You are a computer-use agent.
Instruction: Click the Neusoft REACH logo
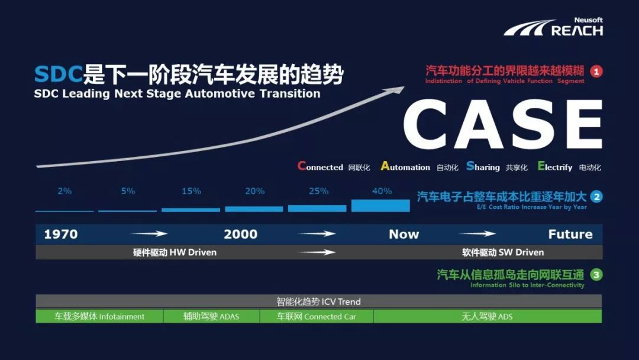coord(554,27)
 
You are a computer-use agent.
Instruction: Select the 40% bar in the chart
coord(380,205)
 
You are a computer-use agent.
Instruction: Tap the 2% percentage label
coord(64,191)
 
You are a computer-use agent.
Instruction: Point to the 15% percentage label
coord(191,191)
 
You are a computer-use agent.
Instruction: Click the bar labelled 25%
coord(317,208)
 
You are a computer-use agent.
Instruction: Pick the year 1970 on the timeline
coord(61,234)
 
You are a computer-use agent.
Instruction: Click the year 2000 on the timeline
coord(241,234)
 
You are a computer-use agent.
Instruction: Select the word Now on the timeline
coord(404,234)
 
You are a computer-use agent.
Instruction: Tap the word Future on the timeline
coord(570,234)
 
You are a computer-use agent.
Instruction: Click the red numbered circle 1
coord(596,72)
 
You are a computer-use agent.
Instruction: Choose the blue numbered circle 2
coord(596,197)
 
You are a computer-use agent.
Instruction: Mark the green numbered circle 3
coord(596,275)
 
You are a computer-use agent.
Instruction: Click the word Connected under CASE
coord(321,167)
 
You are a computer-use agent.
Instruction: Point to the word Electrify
coord(555,167)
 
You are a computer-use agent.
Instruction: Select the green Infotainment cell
coord(99,317)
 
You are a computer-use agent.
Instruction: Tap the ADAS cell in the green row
coord(211,317)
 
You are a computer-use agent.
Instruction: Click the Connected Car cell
coord(317,317)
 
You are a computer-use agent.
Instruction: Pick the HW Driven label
coord(175,252)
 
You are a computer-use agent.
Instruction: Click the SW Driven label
coord(503,252)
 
